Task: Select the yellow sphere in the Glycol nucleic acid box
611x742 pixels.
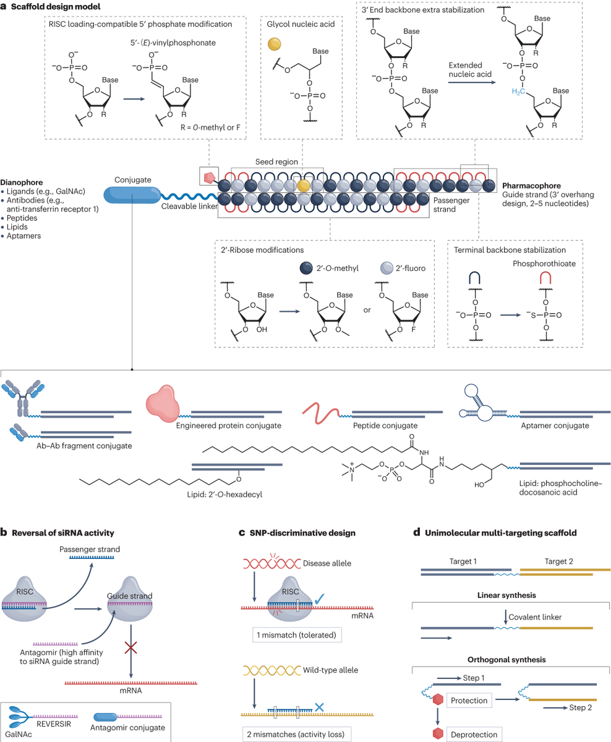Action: pos(273,46)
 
